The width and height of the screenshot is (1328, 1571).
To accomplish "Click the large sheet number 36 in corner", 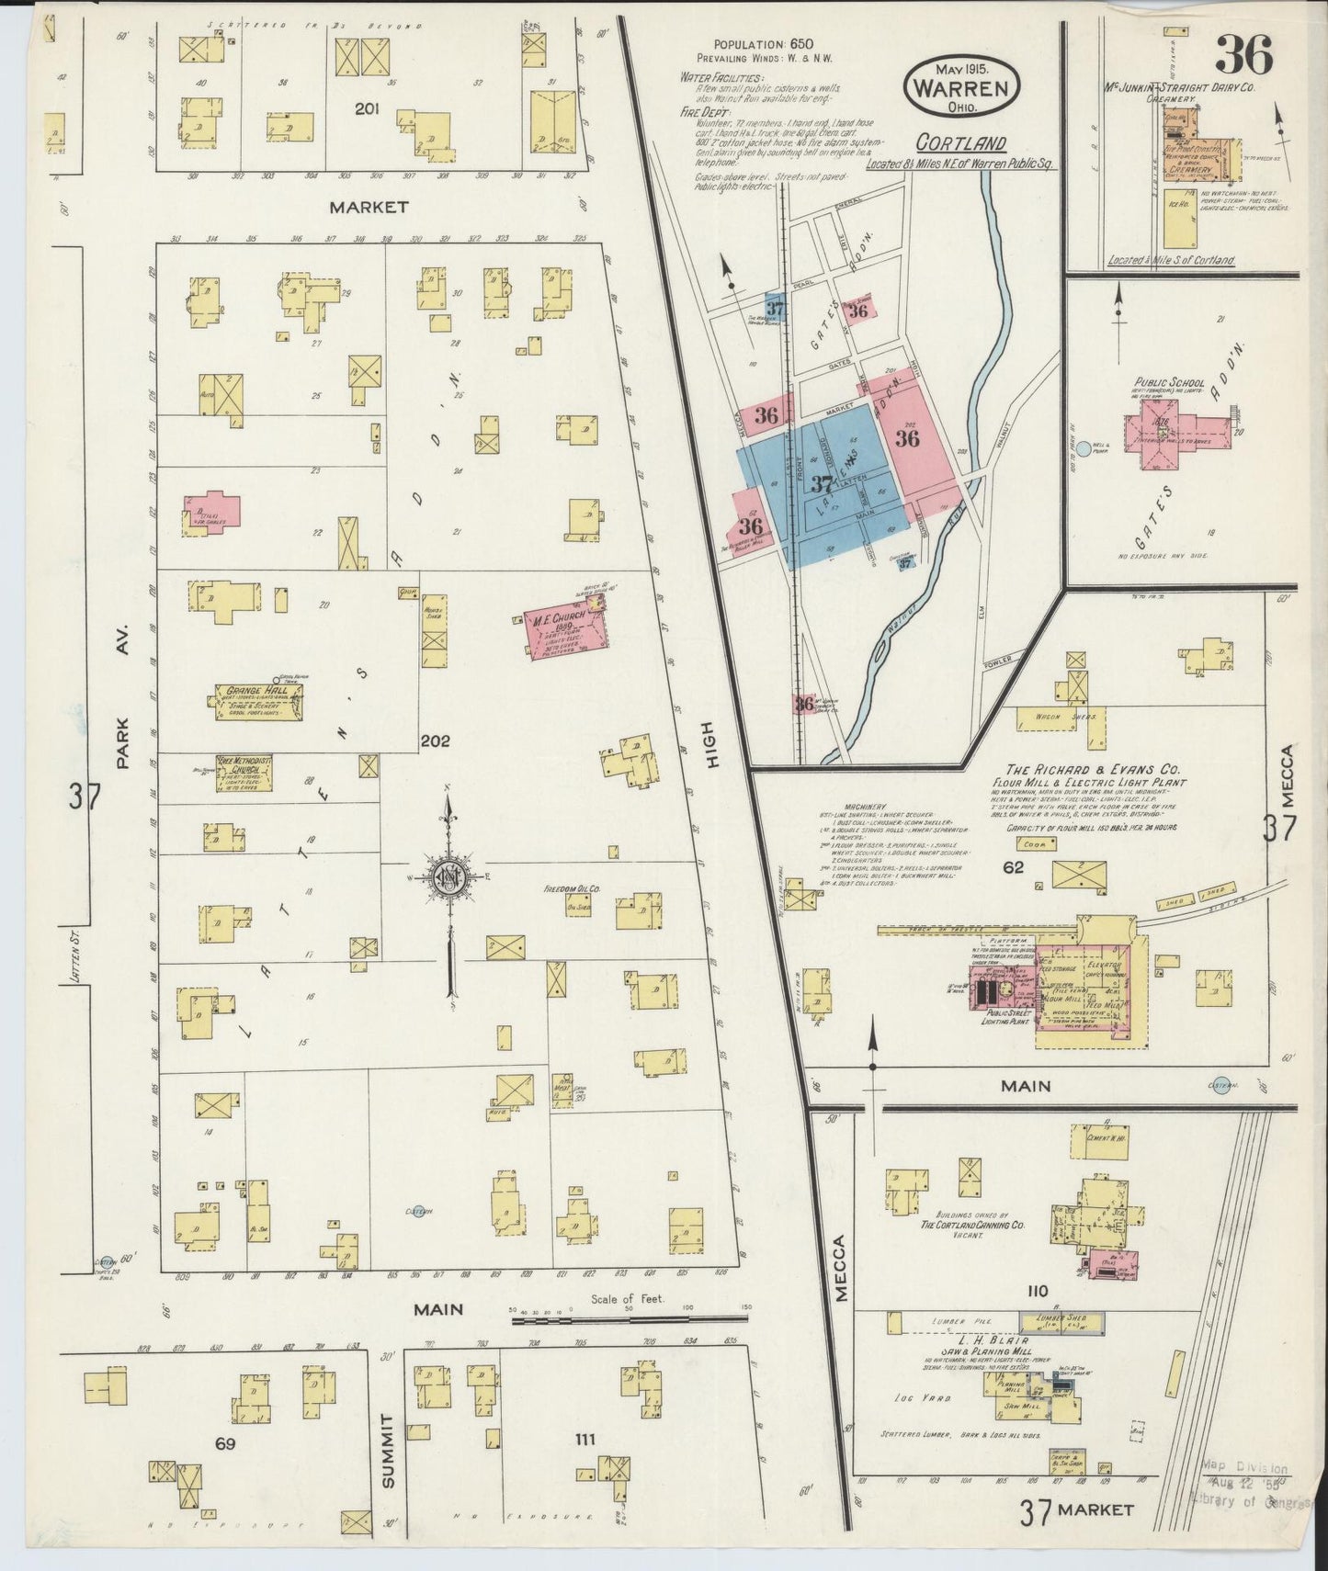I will click(1244, 58).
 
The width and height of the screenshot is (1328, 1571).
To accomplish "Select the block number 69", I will click(226, 1443).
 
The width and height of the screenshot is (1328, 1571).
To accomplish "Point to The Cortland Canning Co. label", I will click(973, 1225).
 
